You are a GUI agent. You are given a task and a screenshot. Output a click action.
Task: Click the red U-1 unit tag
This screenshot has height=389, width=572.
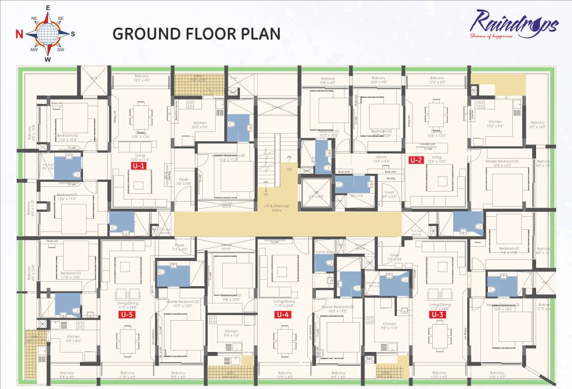pos(139,166)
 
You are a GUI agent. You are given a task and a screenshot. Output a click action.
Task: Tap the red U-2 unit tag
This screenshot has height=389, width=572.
pos(416,161)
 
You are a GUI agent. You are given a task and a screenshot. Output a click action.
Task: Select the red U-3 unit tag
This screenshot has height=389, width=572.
pos(437,315)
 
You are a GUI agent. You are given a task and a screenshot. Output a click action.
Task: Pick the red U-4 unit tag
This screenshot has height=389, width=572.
pos(282,315)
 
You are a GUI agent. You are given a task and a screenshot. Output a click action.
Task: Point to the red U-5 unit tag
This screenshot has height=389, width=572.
pos(127,315)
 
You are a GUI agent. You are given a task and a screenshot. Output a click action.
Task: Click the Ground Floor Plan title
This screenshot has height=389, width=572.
pos(196,34)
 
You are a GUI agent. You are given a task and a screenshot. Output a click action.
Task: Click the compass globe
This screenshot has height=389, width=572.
pos(48,34)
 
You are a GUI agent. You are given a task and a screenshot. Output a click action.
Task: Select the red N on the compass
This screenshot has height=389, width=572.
pos(19,34)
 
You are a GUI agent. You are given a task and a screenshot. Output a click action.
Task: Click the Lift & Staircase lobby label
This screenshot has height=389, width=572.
pos(276,208)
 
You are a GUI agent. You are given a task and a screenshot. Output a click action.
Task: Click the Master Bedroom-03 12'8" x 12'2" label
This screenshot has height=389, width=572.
pos(502,163)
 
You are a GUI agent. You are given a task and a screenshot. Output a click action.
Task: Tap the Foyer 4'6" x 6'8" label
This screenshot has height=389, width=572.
pos(183,181)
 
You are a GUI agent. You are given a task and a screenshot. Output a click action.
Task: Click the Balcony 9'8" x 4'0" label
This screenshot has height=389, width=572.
pos(328,81)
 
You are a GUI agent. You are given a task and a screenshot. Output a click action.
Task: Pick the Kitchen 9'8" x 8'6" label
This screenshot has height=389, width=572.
pos(73,338)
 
